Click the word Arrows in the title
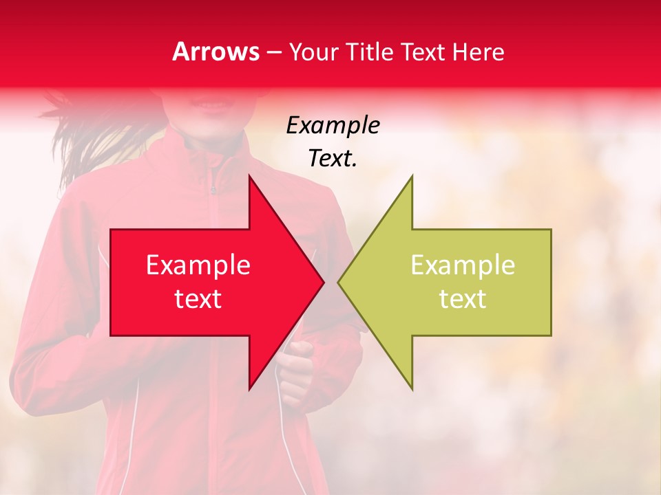coord(216,52)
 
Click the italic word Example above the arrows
coord(333,126)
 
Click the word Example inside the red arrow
coord(198,265)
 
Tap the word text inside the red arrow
coord(198,299)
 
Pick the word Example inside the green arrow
coord(463,265)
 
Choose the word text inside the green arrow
coord(463,299)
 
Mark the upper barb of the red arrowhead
coord(251,180)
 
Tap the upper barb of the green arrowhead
coord(410,180)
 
